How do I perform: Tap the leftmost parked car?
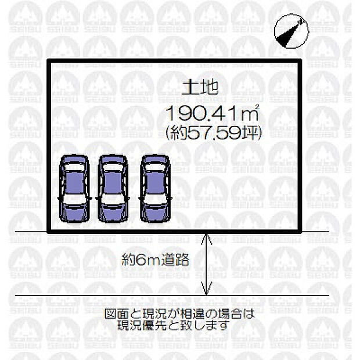pos(74,188)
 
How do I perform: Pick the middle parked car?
pos(114,188)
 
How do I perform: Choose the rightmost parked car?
pos(155,188)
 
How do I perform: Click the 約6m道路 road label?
pos(156,260)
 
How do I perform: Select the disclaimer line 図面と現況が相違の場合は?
pos(179,314)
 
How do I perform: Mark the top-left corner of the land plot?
pos(48,63)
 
